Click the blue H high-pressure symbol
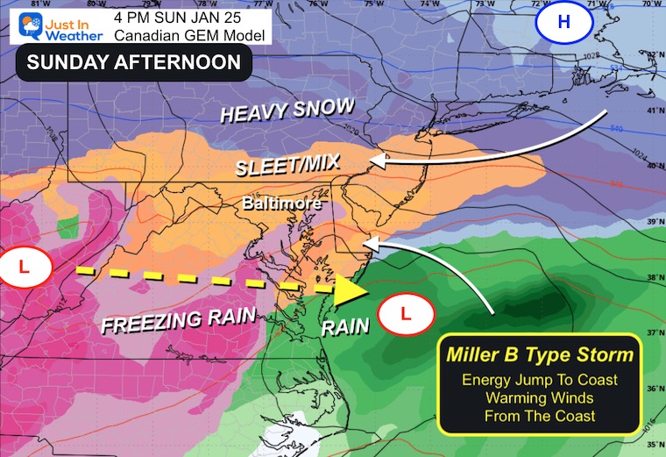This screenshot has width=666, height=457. click(563, 23)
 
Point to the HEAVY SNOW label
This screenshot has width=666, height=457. click(287, 111)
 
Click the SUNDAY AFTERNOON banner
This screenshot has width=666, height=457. click(134, 62)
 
